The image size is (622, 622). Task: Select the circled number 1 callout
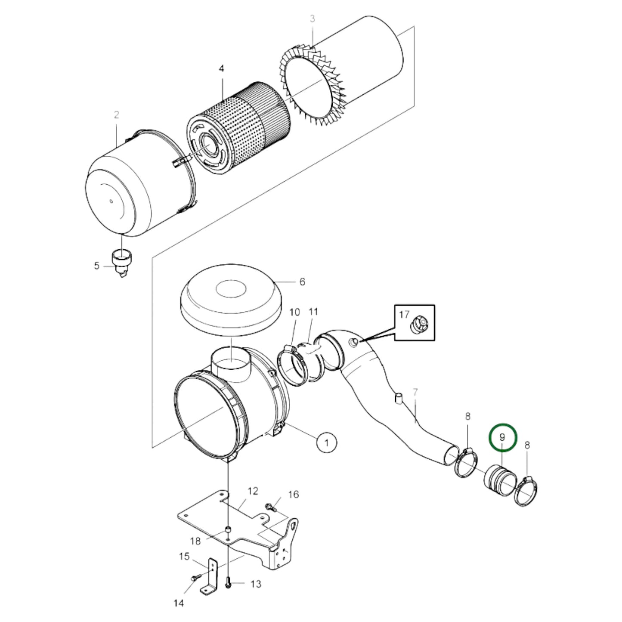(326, 442)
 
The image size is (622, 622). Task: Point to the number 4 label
(221, 69)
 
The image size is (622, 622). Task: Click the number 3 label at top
(313, 19)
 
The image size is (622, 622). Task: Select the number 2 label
(116, 114)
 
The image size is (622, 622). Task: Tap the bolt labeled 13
(228, 583)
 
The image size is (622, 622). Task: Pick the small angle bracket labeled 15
(211, 577)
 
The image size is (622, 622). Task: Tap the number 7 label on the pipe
(415, 392)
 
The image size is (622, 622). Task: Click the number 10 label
(294, 313)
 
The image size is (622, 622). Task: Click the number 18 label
(195, 541)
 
